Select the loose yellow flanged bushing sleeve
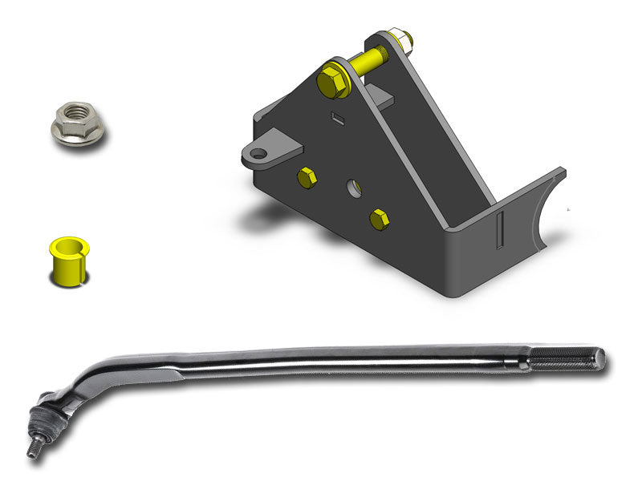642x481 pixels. pos(69,261)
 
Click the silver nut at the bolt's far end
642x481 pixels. pos(398,38)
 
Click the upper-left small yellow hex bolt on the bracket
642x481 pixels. pos(306,178)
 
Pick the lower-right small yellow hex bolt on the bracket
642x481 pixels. pos(380,219)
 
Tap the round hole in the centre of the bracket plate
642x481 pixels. pos(353,189)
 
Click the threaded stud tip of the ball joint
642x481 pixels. pos(33,451)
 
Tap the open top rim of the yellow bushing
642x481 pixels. pos(69,244)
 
